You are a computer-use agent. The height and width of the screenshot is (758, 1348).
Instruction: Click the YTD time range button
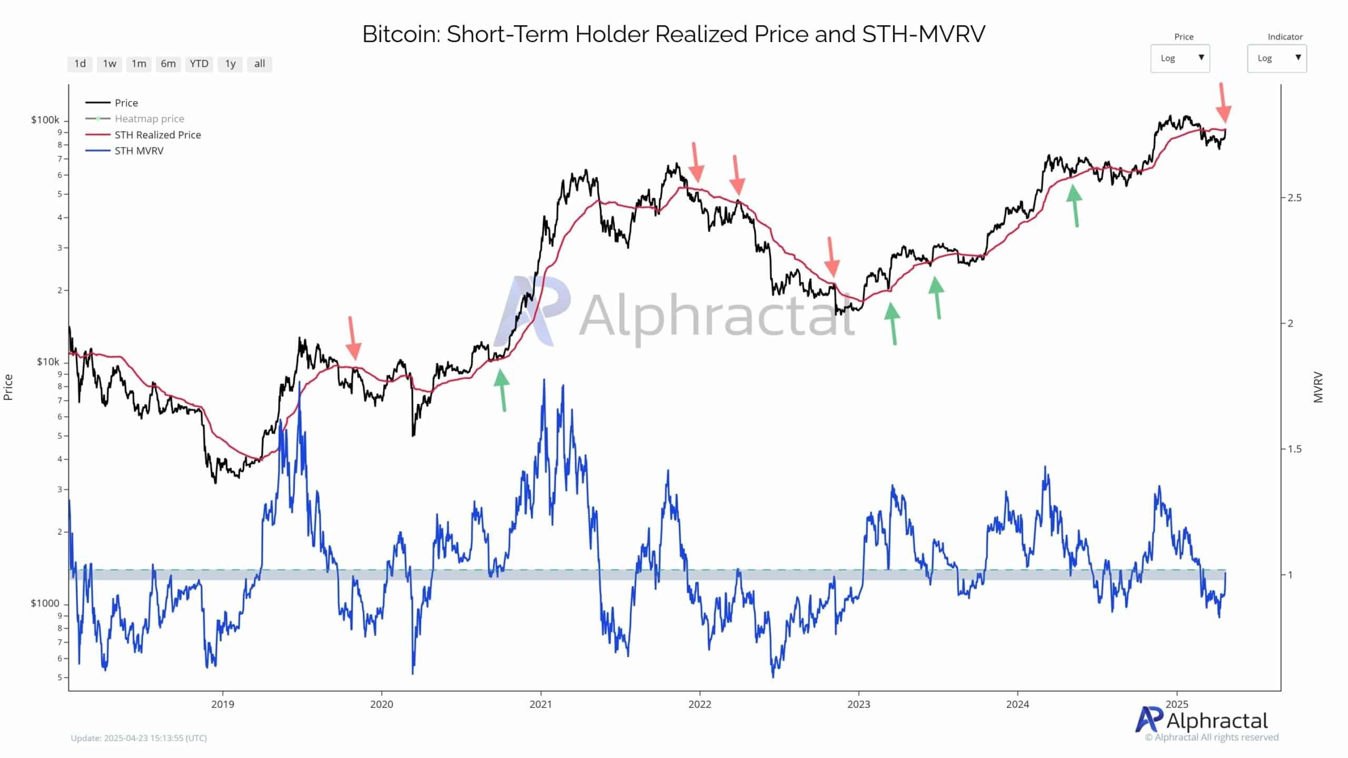point(199,64)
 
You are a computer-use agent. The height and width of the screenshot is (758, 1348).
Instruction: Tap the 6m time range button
point(168,64)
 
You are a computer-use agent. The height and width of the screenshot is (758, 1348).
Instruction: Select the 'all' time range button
point(259,64)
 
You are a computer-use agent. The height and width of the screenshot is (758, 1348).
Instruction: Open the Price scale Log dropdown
point(1179,58)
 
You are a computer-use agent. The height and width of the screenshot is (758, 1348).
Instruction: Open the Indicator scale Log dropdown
point(1276,58)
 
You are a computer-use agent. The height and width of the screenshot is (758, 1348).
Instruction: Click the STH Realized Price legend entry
point(157,135)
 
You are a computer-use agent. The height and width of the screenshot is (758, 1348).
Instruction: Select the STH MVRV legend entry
point(139,151)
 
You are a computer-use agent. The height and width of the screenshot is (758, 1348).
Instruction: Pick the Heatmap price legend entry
point(149,119)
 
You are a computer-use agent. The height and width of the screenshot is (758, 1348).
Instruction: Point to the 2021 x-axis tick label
point(541,704)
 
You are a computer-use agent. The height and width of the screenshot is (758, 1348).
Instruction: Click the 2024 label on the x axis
point(1017,704)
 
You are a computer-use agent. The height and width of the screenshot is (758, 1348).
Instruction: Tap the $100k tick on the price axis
point(45,120)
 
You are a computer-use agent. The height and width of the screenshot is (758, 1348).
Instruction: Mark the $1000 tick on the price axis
point(45,603)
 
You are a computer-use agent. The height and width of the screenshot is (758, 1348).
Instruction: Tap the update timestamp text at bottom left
point(138,738)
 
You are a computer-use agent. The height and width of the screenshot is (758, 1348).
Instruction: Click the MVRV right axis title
point(1318,387)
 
